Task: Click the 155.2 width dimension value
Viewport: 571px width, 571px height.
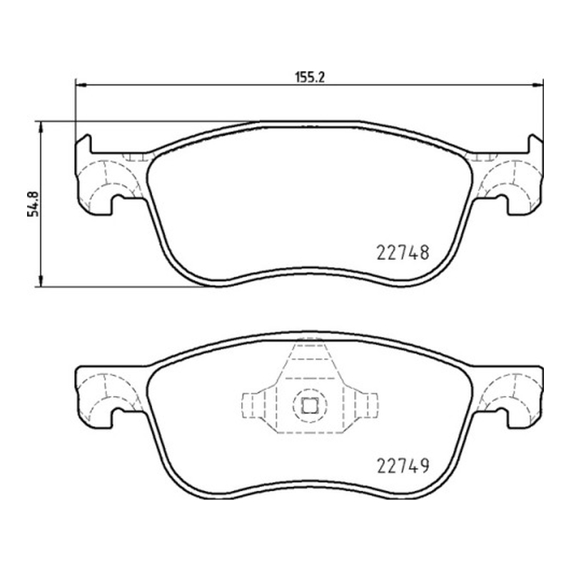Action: (309, 77)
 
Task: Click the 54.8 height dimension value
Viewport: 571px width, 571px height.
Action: (33, 204)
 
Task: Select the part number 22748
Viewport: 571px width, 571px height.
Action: (403, 253)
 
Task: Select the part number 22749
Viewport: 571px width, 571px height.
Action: (403, 465)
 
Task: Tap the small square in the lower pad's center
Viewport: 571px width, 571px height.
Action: (310, 405)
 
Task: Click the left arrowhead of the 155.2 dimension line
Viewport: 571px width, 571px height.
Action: (81, 85)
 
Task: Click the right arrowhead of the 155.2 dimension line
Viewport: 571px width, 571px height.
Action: (537, 85)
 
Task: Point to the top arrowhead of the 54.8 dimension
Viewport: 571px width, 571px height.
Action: (41, 127)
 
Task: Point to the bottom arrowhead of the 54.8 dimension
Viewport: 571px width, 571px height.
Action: (41, 281)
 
